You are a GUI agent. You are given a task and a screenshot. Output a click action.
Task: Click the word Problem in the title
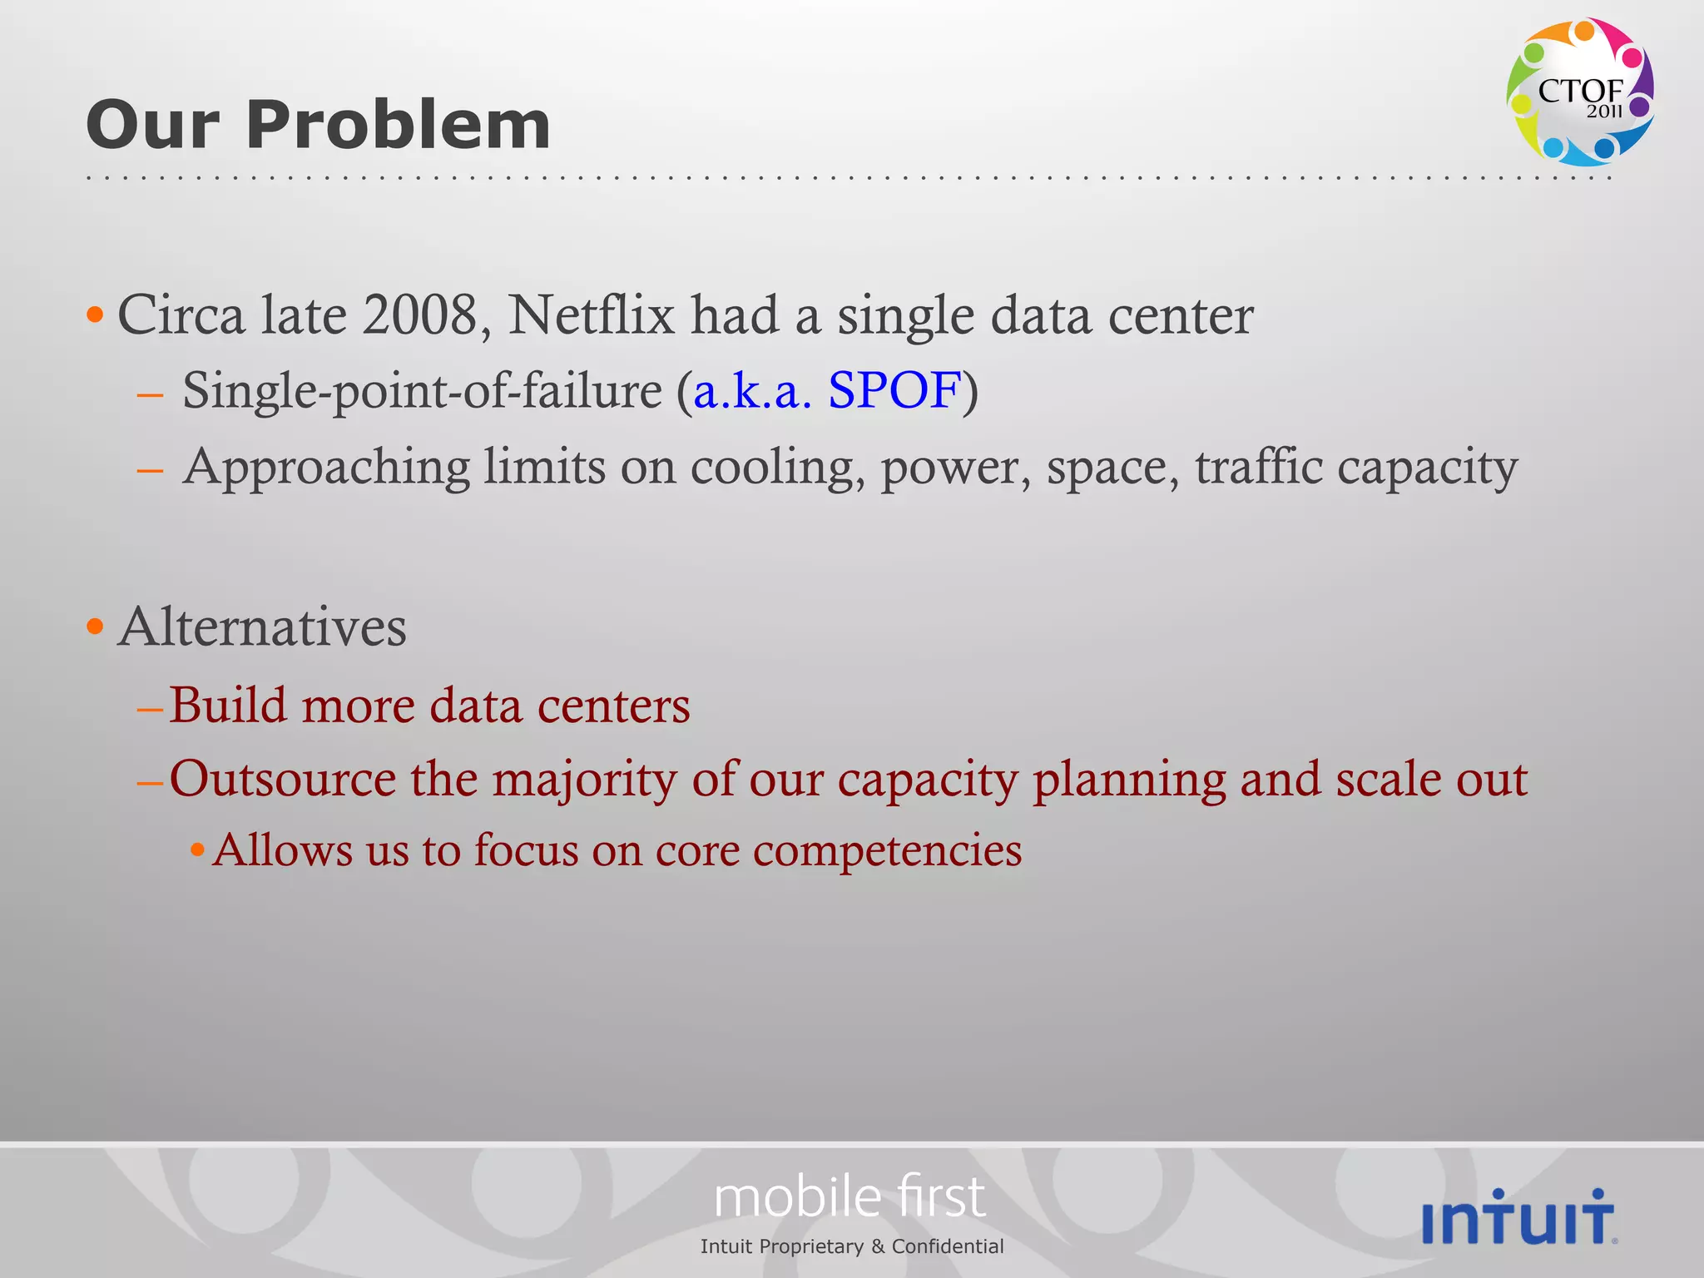[398, 125]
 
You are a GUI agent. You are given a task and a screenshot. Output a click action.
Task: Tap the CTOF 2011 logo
[1579, 92]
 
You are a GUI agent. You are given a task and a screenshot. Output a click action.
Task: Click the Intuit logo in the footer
[1519, 1216]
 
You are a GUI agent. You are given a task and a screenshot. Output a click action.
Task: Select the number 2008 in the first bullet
[419, 315]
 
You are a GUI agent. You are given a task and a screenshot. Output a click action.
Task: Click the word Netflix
[592, 315]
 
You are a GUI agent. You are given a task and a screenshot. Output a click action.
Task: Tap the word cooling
[777, 467]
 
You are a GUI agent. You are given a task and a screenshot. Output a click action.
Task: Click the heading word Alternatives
[263, 627]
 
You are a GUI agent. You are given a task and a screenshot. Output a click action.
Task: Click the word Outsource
[283, 780]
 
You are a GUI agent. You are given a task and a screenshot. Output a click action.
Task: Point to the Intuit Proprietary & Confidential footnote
[852, 1246]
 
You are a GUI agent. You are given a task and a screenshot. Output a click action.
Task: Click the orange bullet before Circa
[96, 315]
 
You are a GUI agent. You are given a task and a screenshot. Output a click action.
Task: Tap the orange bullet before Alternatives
[96, 627]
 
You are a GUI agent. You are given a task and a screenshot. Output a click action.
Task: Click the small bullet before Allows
[197, 850]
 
